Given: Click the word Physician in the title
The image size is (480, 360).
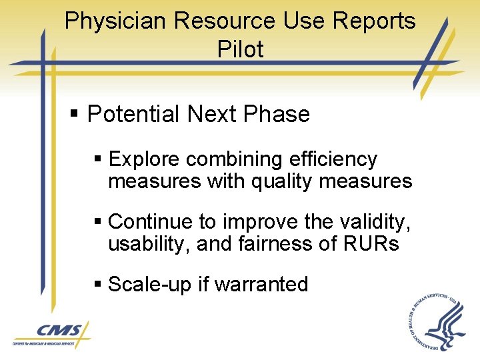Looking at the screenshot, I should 115,21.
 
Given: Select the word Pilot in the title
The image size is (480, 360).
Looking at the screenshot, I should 240,49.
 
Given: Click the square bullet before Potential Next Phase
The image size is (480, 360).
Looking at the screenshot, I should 75,115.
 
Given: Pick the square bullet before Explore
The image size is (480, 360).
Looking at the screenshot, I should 98,160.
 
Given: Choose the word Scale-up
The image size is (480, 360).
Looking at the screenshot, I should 150,285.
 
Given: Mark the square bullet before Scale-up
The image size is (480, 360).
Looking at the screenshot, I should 98,285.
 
